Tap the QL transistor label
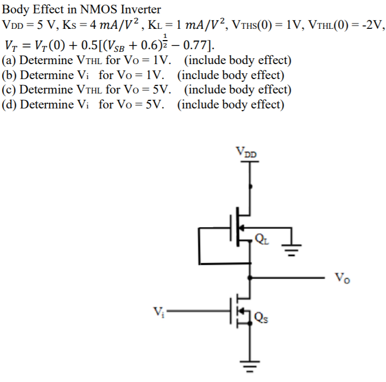[x=262, y=238]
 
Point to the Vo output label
[x=342, y=278]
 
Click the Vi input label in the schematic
[x=158, y=310]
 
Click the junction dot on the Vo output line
[x=250, y=278]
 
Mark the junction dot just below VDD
[x=250, y=188]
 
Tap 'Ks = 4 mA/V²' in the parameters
[x=96, y=24]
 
